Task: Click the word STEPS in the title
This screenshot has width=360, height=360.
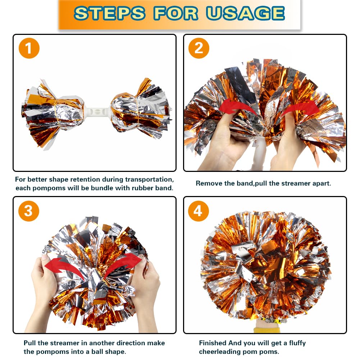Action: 110,13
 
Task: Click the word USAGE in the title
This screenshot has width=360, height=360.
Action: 245,13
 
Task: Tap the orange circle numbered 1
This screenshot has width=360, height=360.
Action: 29,48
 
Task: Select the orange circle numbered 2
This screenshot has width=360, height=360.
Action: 199,48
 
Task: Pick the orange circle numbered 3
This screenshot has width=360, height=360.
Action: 29,211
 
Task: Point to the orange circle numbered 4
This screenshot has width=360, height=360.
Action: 199,211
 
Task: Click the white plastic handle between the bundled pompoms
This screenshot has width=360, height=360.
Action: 97,112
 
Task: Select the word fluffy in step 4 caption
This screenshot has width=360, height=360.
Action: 297,343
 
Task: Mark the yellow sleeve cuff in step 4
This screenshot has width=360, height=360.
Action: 267,331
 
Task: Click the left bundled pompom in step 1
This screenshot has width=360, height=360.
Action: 53,114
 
